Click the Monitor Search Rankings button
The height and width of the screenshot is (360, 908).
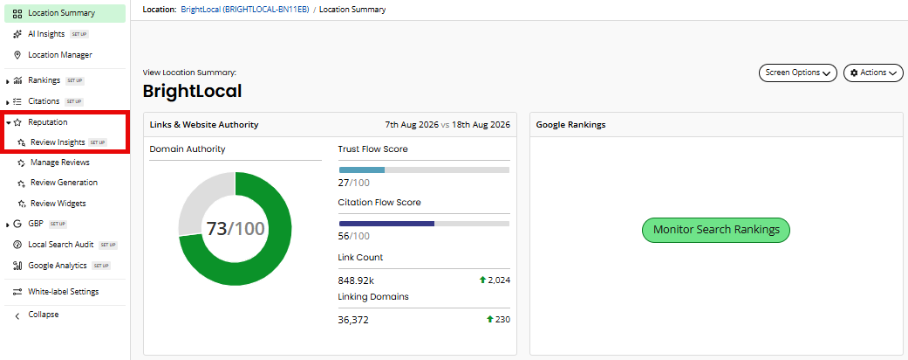coord(716,230)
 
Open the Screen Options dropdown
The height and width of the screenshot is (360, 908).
coord(797,73)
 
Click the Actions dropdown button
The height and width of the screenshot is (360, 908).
coord(873,73)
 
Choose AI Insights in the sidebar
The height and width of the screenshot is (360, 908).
coord(46,34)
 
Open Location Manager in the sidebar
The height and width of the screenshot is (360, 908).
coord(59,55)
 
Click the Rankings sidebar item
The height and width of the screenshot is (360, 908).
coord(44,80)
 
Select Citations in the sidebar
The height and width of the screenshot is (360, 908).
coord(44,100)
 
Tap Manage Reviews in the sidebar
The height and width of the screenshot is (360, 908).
coord(59,163)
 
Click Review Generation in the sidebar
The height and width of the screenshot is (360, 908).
coord(64,183)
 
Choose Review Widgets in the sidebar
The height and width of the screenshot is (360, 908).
coord(58,204)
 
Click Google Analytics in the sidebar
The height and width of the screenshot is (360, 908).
coord(58,266)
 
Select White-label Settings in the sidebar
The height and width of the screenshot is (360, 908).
coord(63,292)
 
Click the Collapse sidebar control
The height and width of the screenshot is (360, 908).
coord(44,315)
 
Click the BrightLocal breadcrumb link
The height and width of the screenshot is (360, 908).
coord(244,10)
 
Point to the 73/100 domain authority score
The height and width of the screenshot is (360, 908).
coord(236,228)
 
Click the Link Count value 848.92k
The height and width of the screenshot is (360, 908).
coord(356,280)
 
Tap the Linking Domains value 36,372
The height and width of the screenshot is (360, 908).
coord(352,320)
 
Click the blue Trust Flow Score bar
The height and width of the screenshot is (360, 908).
coord(362,170)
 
